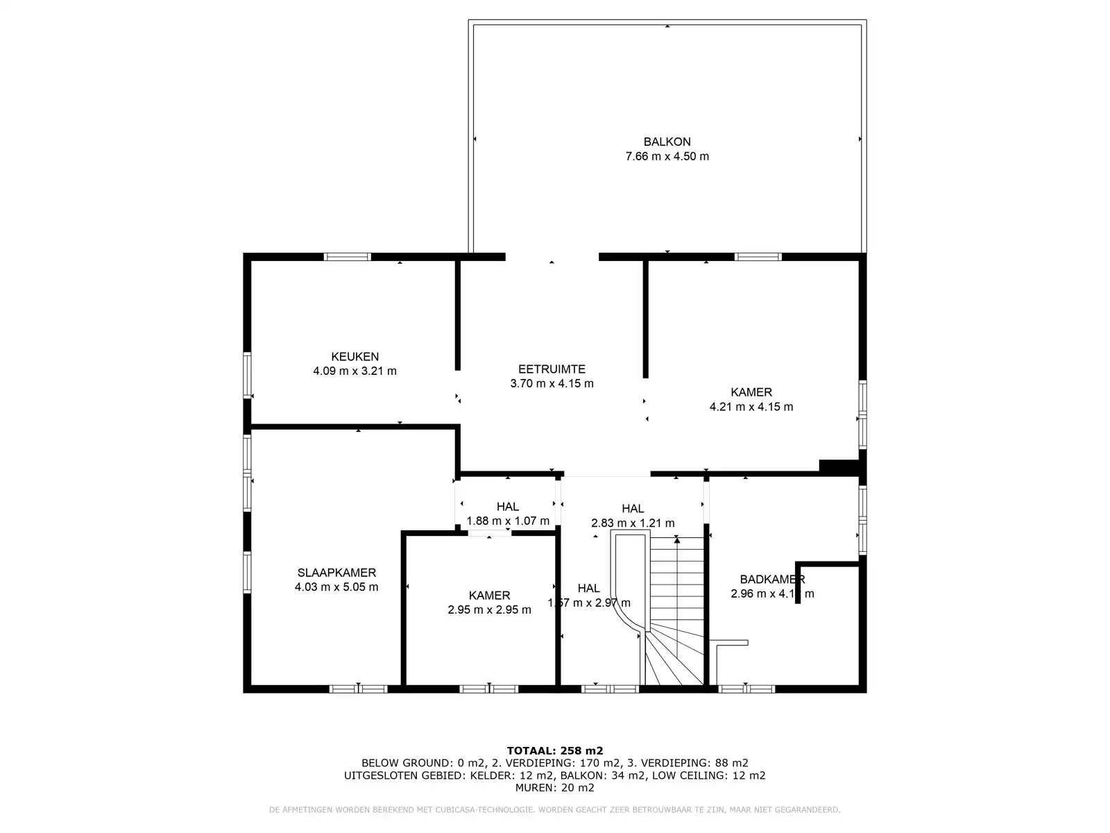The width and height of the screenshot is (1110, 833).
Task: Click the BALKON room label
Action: (667, 142)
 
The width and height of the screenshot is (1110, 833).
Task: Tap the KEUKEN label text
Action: (355, 357)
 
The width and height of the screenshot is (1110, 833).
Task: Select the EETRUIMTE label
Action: (552, 369)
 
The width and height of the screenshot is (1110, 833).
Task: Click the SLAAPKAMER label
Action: (336, 573)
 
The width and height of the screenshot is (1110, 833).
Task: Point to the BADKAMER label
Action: (771, 580)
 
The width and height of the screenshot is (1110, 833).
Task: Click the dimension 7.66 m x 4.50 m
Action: (667, 156)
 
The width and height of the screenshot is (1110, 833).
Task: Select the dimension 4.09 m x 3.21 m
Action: (355, 371)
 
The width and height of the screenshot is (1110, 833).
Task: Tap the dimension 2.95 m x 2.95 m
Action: (489, 609)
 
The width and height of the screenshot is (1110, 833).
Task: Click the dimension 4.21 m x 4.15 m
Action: (751, 407)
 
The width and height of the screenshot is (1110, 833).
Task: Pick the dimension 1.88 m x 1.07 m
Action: (508, 521)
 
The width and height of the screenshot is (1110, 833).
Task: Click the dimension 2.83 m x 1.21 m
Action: (632, 523)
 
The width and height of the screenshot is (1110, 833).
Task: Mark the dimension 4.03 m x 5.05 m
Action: (336, 587)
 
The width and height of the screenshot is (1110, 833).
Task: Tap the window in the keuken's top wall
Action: (348, 257)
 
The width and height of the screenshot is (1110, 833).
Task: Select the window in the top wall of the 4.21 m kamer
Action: (758, 257)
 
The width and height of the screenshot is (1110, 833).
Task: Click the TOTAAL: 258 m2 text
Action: (554, 750)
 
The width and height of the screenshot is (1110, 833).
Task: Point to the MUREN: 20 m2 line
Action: (554, 788)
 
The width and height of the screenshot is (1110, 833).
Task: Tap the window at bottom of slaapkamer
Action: (358, 689)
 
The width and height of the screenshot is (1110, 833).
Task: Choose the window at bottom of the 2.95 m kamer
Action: (489, 689)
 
